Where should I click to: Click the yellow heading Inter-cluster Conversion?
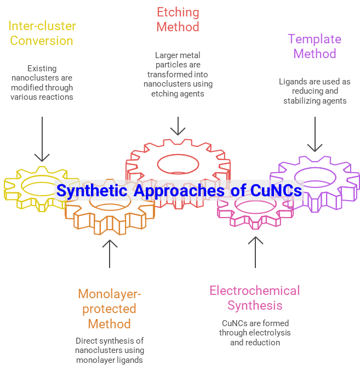42,33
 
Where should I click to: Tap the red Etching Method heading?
178,19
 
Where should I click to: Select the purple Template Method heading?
315,46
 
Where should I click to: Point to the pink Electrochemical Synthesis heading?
255,298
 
